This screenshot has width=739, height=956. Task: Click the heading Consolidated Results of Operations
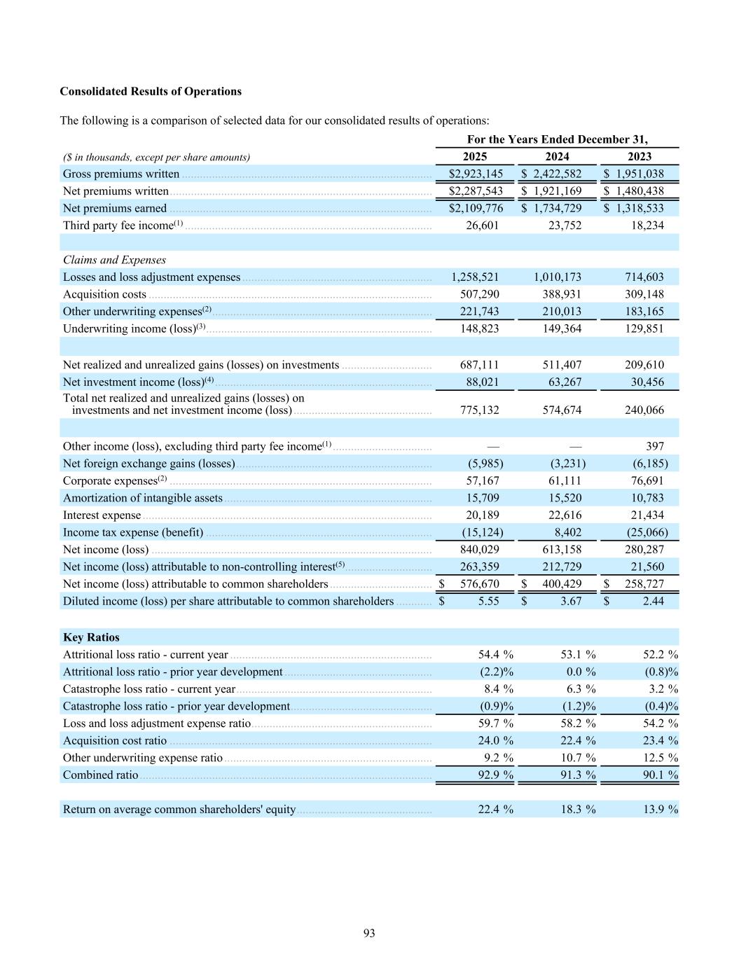[x=151, y=92]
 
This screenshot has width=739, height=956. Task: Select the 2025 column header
[x=475, y=157]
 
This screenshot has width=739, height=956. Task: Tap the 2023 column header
[x=640, y=157]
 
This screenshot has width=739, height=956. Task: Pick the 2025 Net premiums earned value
[x=476, y=208]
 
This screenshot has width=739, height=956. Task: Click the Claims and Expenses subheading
[x=114, y=260]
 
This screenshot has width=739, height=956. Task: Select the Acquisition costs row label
[x=104, y=294]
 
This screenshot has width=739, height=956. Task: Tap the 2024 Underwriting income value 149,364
[x=562, y=328]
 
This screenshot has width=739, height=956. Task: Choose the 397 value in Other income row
[x=655, y=446]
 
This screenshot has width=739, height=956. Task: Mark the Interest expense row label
[x=102, y=515]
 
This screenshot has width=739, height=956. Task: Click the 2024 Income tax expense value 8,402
[x=567, y=532]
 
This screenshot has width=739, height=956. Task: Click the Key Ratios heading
[x=91, y=637]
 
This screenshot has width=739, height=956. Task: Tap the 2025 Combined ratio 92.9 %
[x=495, y=775]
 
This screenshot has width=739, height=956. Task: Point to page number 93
[x=369, y=933]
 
